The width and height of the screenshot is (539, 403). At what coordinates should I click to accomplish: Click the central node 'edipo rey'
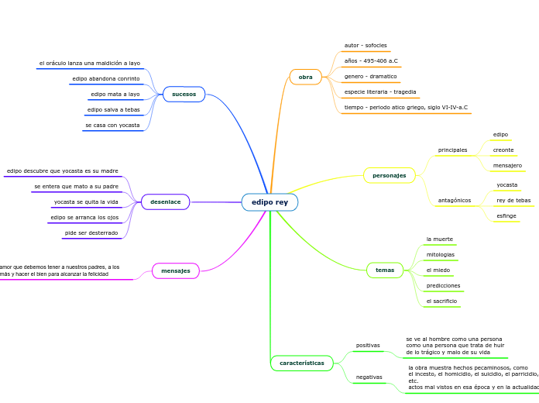(269, 202)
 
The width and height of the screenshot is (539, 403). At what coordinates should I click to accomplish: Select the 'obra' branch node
(306, 77)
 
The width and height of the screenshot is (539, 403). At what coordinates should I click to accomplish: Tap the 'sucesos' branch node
(184, 94)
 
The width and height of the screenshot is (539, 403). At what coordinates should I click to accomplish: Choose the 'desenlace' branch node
(165, 201)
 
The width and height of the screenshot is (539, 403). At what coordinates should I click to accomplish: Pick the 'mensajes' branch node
(176, 270)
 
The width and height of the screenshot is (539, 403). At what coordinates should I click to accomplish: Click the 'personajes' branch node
(389, 175)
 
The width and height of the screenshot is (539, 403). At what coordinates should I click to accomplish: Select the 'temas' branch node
(385, 270)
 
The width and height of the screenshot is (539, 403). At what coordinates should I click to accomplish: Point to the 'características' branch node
(302, 362)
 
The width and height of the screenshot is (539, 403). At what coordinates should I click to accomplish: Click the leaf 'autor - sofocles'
(366, 46)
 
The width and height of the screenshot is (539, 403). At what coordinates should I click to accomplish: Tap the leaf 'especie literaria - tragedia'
(380, 91)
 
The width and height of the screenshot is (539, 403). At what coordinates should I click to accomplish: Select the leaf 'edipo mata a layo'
(115, 95)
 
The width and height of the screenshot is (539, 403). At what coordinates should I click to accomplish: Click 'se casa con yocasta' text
(112, 125)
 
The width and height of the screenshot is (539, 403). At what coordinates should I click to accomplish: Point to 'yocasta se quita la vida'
(86, 201)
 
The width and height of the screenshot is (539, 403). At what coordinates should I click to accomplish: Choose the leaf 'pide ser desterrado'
(91, 232)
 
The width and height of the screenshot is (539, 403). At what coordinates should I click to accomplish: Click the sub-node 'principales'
(452, 150)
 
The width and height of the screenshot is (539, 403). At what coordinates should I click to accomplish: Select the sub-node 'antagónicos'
(455, 200)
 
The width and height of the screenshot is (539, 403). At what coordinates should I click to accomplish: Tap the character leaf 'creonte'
(503, 150)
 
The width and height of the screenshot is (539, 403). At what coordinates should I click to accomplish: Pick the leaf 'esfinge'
(506, 215)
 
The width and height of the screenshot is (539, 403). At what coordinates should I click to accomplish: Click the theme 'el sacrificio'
(441, 301)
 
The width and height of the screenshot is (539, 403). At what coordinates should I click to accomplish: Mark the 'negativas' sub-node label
(369, 377)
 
